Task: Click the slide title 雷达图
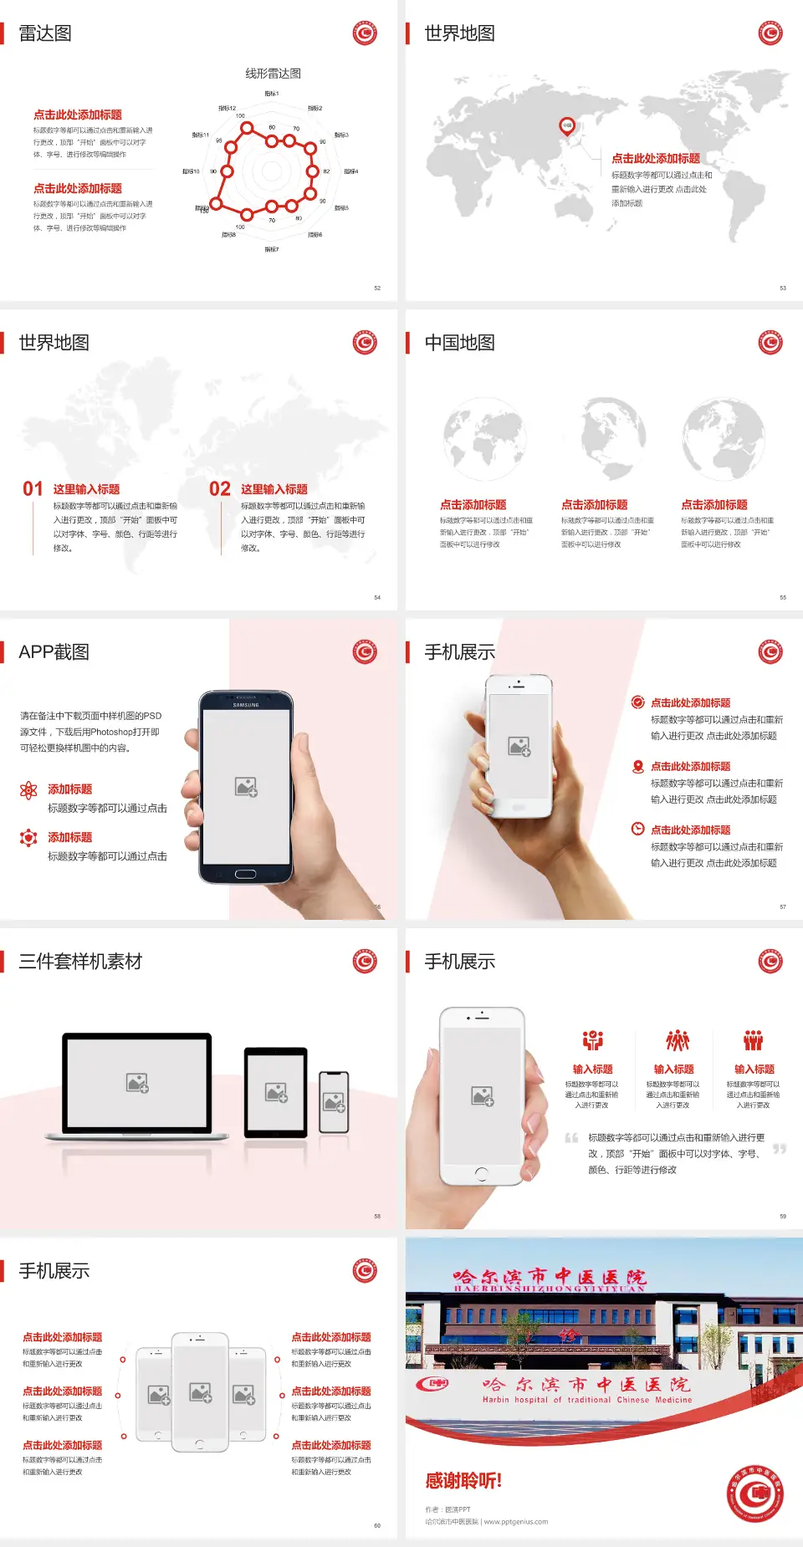click(x=45, y=33)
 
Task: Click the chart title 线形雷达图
click(x=273, y=74)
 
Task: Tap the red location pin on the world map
click(x=567, y=126)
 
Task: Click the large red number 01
click(x=33, y=489)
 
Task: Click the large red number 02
click(x=220, y=489)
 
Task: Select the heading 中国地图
click(x=459, y=343)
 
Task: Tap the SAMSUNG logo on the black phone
click(x=246, y=705)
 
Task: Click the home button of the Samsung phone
click(x=245, y=874)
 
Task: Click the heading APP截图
click(x=54, y=652)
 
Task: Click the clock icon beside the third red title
click(x=637, y=829)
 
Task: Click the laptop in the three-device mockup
click(x=137, y=1085)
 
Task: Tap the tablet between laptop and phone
click(x=276, y=1091)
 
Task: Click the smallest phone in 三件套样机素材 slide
click(x=334, y=1102)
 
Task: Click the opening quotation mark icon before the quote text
click(x=571, y=1138)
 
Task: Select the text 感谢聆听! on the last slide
click(x=463, y=1481)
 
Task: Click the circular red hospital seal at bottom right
click(x=755, y=1493)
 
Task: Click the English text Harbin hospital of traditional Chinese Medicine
click(x=586, y=1400)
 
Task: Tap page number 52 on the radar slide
click(x=377, y=288)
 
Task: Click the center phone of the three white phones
click(x=200, y=1392)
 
